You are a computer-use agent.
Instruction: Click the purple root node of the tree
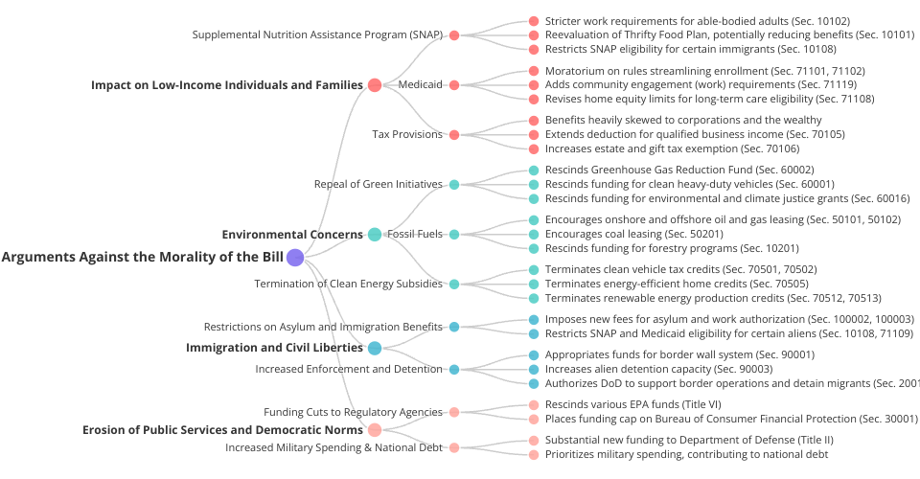[x=295, y=257]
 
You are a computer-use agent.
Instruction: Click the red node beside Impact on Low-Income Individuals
[x=375, y=84]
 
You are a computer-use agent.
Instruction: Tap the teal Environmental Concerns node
[x=375, y=235]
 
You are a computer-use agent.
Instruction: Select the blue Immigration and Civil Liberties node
[x=375, y=348]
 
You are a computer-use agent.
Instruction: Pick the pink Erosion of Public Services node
[x=375, y=430]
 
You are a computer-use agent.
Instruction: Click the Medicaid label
[x=420, y=84]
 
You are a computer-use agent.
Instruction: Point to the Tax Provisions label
[x=407, y=134]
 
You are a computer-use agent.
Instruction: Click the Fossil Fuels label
[x=415, y=235]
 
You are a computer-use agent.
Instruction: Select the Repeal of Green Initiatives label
[x=379, y=184]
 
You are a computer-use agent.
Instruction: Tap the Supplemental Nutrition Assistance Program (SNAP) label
[x=317, y=34]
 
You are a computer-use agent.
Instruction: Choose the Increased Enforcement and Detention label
[x=349, y=369]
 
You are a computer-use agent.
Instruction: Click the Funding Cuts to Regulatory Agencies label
[x=353, y=412]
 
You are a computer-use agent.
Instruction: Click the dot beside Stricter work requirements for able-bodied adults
[x=534, y=21]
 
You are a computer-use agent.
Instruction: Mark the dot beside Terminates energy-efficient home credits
[x=534, y=284]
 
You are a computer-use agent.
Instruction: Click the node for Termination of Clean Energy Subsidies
[x=454, y=284]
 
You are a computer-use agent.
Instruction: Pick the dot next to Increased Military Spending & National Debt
[x=454, y=447]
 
